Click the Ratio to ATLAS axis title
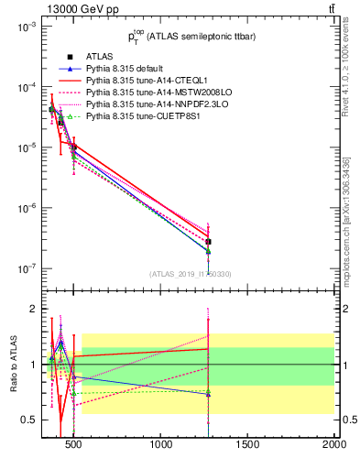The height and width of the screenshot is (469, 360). (12, 364)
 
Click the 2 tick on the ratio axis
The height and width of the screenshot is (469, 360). (33, 309)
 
